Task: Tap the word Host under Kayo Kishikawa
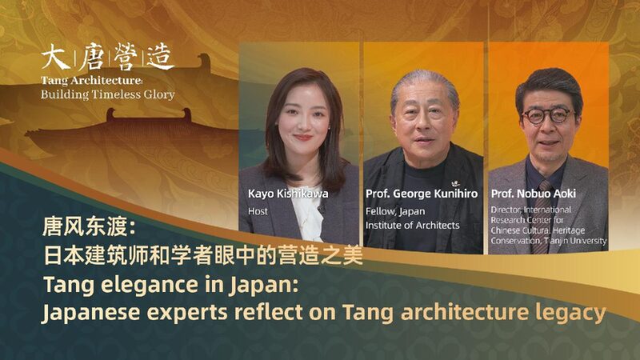[x=258, y=211]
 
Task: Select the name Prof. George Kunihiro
[x=422, y=194]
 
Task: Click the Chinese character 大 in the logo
[x=54, y=58]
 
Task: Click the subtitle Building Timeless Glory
[x=108, y=94]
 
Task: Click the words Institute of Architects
[x=413, y=226]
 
